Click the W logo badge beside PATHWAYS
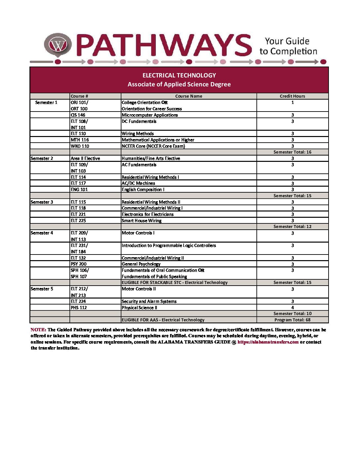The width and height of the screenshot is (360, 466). tap(58, 45)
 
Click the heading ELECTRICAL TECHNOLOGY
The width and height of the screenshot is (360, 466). tap(179, 75)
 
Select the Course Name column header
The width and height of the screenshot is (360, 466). tap(189, 96)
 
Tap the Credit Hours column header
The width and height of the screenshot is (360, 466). tap(292, 96)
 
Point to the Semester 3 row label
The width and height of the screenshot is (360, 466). tap(42, 202)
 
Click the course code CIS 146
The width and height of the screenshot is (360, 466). tap(78, 115)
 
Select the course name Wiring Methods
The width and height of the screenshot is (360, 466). tap(138, 134)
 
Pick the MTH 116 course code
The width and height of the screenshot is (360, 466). tap(80, 140)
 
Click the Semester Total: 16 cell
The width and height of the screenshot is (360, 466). tap(292, 152)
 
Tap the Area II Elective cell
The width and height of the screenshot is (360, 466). tap(85, 159)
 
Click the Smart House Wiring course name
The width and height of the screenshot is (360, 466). tap(142, 221)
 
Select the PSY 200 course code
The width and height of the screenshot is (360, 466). tap(78, 264)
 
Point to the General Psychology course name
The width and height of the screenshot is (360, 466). tap(141, 264)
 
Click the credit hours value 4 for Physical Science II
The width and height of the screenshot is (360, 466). tap(292, 308)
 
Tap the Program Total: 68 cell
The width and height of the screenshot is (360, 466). tap(292, 320)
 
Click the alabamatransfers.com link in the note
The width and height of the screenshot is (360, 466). tap(268, 342)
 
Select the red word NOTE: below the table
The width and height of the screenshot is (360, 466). tap(38, 330)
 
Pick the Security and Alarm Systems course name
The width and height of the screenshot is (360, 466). tap(149, 302)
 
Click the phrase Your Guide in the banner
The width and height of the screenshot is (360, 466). tap(287, 41)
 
